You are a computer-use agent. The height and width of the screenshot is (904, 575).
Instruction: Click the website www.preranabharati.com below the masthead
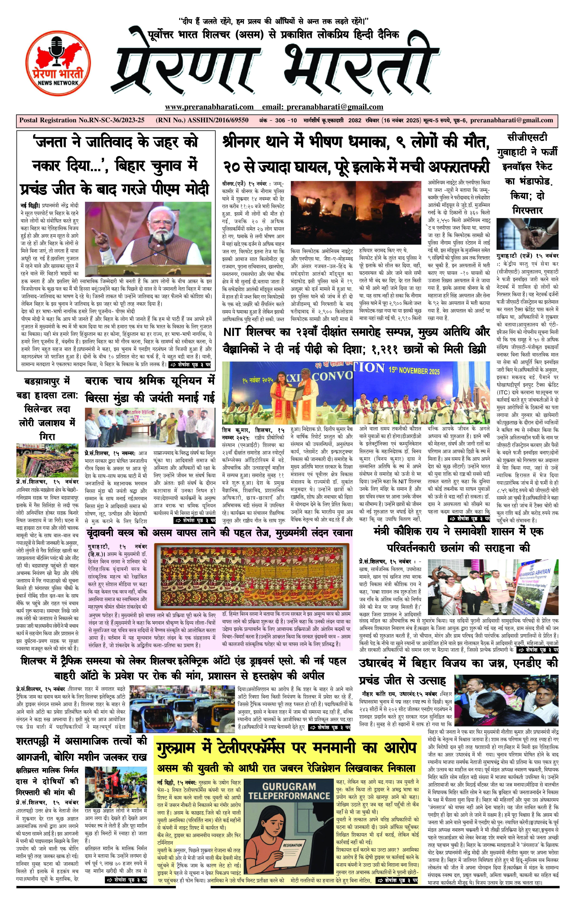[x=209, y=107]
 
